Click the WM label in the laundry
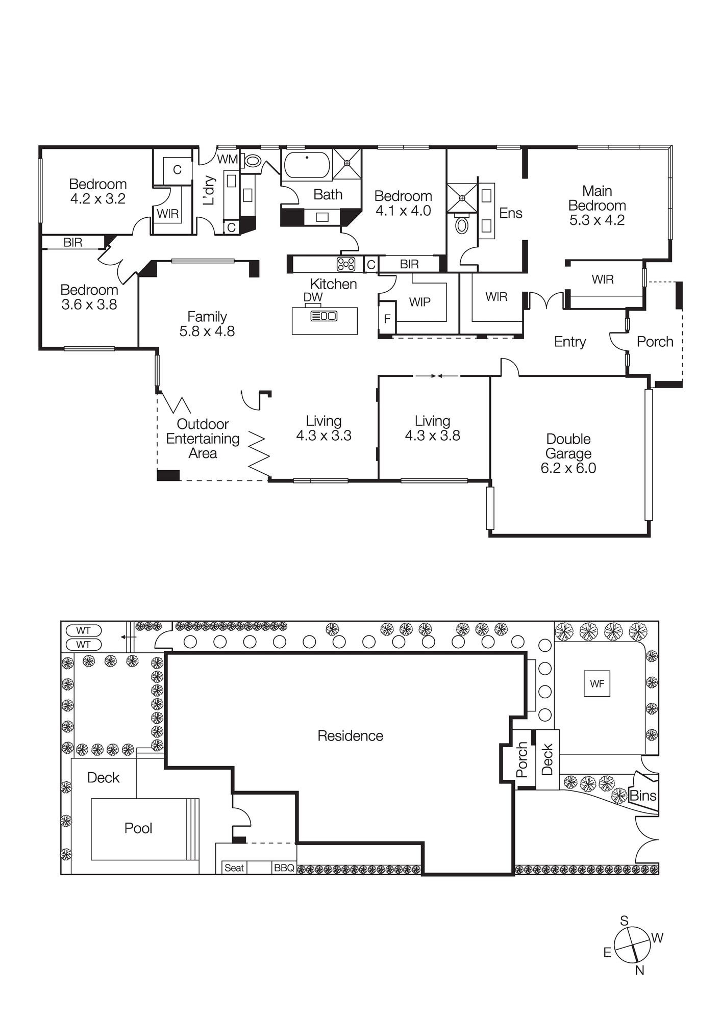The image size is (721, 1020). [227, 159]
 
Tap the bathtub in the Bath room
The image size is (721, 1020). [307, 165]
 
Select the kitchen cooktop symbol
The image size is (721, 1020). [345, 264]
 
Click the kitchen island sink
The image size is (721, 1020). [324, 316]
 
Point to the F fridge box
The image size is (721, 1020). [387, 319]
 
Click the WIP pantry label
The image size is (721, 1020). [419, 302]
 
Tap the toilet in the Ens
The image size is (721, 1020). [462, 225]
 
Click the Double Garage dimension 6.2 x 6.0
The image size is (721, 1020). [568, 468]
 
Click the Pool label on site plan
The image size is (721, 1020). [138, 828]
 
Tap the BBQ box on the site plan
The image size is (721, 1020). [284, 868]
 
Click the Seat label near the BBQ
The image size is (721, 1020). [234, 868]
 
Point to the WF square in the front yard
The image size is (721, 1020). [596, 684]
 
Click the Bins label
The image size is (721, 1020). [642, 796]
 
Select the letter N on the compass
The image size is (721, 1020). [639, 971]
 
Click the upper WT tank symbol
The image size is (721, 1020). [84, 631]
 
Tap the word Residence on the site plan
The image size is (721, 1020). [350, 736]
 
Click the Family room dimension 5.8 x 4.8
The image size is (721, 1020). [207, 331]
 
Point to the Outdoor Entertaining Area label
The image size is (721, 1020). [203, 439]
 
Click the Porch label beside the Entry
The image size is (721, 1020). [655, 342]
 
